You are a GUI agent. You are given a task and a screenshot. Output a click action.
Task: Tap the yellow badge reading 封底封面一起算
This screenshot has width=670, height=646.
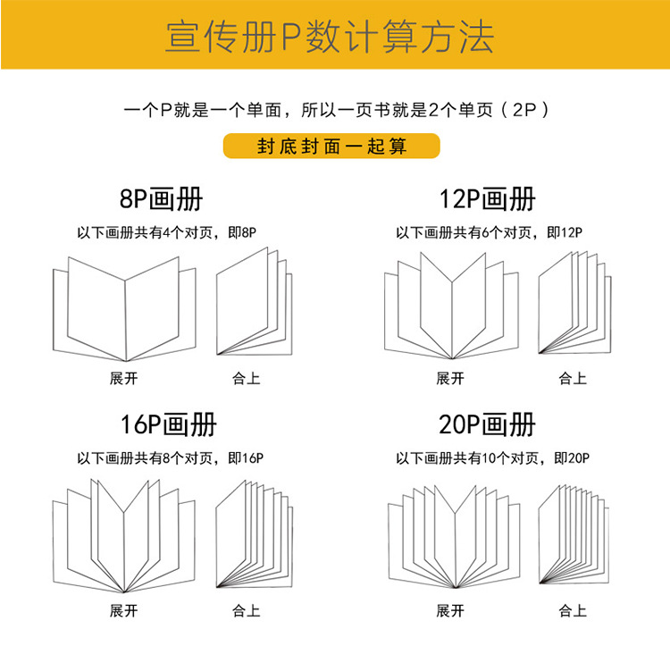point(331,146)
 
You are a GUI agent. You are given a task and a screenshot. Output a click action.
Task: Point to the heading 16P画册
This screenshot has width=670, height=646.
point(168,424)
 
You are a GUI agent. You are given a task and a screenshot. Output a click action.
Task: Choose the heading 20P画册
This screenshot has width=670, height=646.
point(488,424)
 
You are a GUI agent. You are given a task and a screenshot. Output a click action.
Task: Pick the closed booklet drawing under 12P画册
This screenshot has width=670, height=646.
point(574,305)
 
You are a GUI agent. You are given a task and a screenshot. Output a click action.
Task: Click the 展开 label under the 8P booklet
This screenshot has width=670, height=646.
point(124,378)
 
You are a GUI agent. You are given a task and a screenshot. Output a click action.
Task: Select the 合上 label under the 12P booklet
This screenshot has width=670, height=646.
point(573,378)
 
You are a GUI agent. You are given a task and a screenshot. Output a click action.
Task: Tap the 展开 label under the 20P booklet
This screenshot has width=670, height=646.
point(450,611)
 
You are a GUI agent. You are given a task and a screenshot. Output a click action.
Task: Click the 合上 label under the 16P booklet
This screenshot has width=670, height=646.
point(247,611)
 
